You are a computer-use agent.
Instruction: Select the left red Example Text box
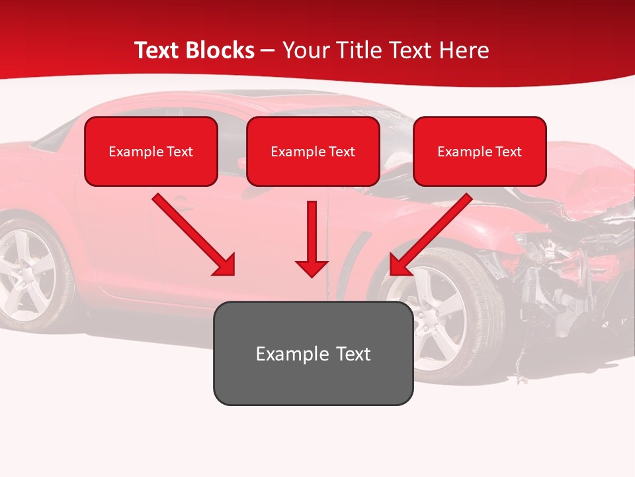point(151,151)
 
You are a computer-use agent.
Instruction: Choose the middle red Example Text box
point(313,151)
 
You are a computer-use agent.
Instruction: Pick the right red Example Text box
point(480,151)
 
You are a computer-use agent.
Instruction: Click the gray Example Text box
point(313,353)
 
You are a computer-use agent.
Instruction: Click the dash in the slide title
point(268,51)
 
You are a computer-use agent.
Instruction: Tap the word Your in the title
point(304,50)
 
